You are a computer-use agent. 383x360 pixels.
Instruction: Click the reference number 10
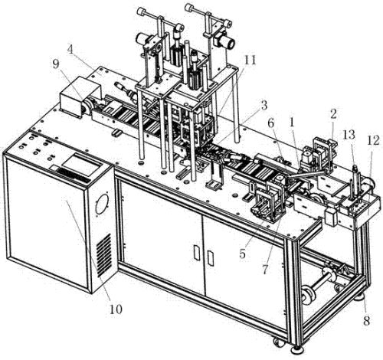point(116,309)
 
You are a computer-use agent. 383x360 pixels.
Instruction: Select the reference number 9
point(57,64)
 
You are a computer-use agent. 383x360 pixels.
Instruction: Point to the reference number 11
point(250,61)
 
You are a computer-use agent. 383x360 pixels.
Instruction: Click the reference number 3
point(264,105)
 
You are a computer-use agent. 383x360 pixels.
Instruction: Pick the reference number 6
point(270,124)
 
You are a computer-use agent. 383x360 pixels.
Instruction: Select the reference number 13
point(349,135)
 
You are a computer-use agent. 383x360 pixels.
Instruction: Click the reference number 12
point(373,141)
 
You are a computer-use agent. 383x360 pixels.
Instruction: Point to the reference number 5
point(242,254)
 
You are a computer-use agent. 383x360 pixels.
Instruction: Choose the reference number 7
point(265,270)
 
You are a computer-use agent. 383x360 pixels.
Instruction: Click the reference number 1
point(292,123)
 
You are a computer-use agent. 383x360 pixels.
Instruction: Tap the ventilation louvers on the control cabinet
point(104,255)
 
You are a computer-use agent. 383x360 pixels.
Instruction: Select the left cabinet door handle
point(197,253)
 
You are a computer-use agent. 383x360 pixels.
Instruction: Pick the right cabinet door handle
point(211,258)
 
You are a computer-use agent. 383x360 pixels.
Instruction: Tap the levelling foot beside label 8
point(360,297)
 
